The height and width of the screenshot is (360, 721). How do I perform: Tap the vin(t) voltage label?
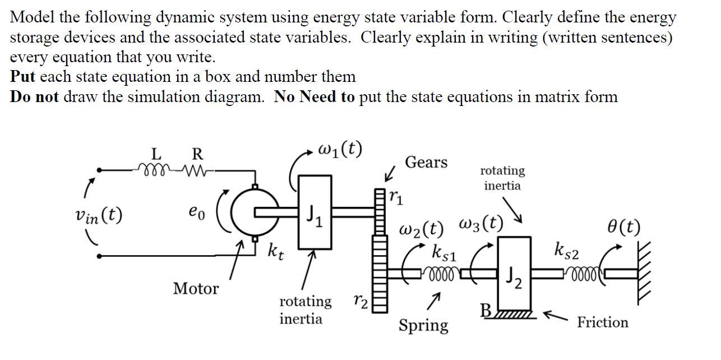coord(99,215)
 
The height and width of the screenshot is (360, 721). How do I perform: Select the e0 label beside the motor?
coord(197,213)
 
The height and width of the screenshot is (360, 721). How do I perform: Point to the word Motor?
coord(196,289)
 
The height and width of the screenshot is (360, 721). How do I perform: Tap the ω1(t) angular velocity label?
coord(340,150)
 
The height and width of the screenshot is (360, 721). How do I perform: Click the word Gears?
coord(426,163)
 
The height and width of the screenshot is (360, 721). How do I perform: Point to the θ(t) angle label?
coord(623,227)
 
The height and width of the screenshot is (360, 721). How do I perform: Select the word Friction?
coord(603,322)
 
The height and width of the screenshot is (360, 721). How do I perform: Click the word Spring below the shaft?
coord(423,325)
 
